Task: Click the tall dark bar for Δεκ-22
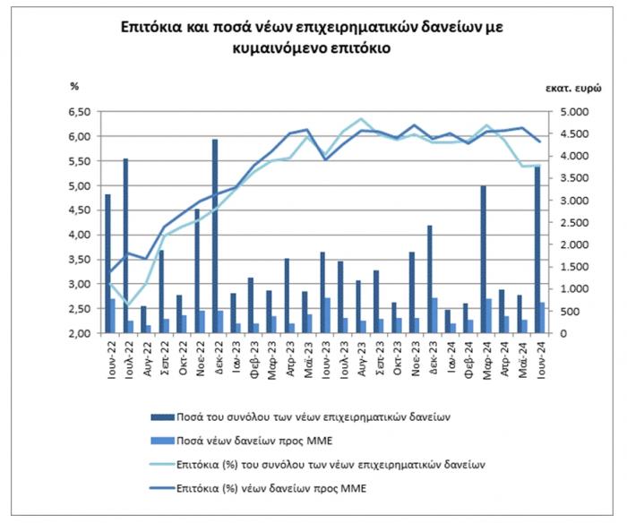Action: coord(215,236)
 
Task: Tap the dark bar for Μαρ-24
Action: coord(484,260)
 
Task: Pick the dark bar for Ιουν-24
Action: coord(537,251)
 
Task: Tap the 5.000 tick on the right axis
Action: coord(569,112)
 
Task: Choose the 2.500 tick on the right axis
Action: coord(569,223)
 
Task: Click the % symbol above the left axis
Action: coord(75,86)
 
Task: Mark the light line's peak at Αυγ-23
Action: coord(361,119)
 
